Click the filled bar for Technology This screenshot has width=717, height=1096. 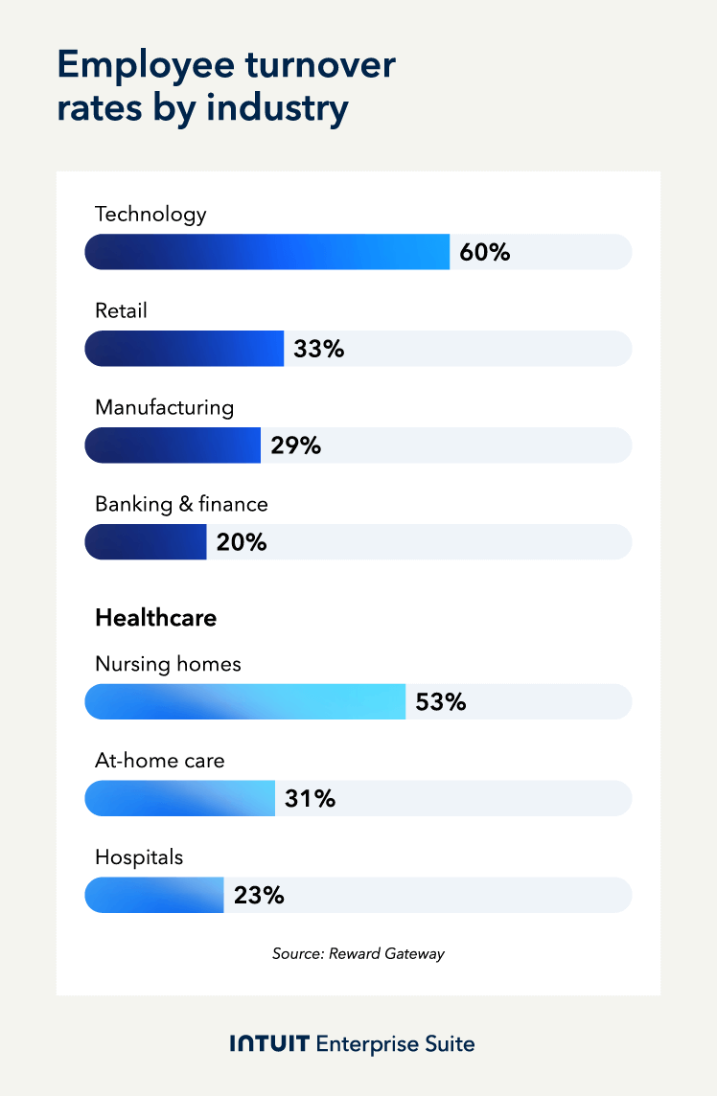267,252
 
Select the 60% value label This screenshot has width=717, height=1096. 485,253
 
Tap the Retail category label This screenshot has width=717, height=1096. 121,310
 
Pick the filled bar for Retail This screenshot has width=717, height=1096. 184,349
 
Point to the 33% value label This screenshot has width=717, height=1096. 319,350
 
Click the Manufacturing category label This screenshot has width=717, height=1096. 164,407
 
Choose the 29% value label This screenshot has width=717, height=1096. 296,445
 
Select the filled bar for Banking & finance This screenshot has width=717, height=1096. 146,541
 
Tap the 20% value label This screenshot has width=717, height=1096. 242,542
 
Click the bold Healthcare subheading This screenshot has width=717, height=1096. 155,618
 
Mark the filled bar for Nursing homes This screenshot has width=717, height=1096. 245,701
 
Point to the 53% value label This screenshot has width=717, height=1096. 441,702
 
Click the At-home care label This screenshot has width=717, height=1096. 159,762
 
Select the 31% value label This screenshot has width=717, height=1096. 311,798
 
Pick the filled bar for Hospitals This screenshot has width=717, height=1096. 154,895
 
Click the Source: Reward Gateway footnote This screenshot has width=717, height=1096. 358,954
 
